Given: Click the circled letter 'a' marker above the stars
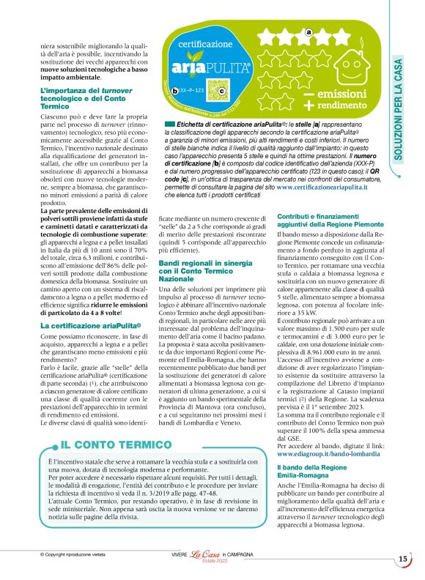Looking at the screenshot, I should click(x=308, y=32).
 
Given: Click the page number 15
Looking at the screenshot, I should click(x=403, y=560).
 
